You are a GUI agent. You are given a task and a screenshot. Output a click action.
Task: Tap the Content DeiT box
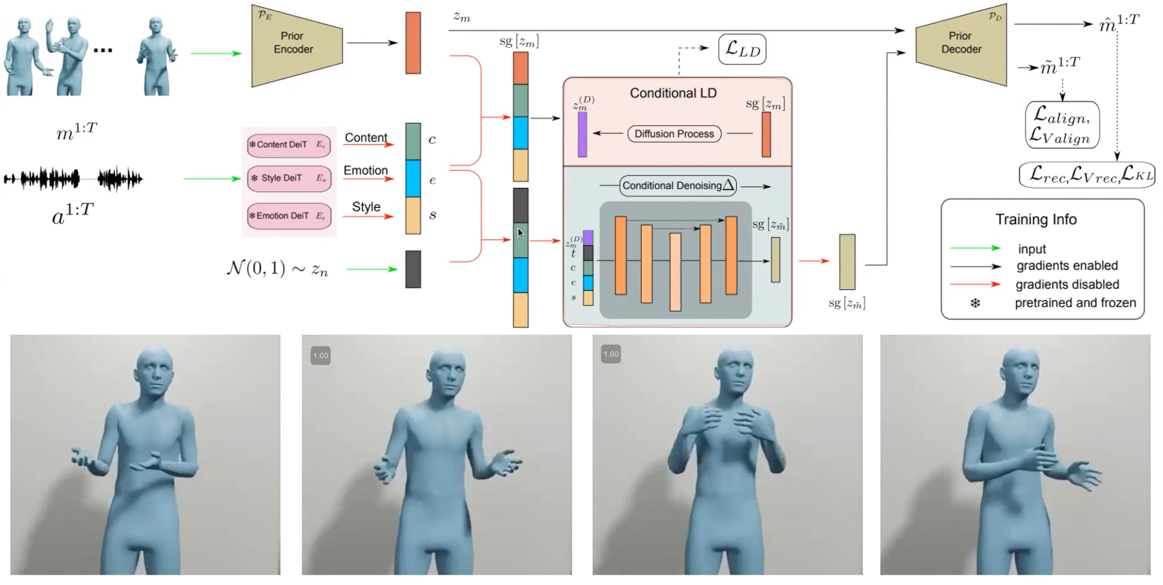click(x=288, y=145)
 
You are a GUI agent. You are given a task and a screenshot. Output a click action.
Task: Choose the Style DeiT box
click(x=288, y=178)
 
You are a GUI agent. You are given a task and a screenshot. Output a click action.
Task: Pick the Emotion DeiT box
click(x=288, y=216)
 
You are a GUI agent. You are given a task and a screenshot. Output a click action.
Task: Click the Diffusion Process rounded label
click(x=674, y=134)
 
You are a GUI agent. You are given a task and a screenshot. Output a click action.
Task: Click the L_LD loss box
click(x=743, y=50)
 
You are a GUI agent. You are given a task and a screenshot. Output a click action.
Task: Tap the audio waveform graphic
click(x=73, y=179)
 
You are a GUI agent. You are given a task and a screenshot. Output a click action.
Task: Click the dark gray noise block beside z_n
click(x=413, y=270)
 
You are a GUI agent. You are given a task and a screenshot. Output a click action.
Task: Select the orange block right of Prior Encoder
click(x=413, y=43)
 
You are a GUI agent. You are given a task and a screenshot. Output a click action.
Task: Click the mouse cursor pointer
click(x=520, y=233)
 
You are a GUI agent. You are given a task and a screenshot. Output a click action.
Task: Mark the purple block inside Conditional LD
click(x=582, y=134)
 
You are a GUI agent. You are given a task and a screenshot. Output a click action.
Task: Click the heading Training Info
click(x=1036, y=219)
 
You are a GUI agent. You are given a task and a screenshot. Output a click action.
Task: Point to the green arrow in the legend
click(x=975, y=248)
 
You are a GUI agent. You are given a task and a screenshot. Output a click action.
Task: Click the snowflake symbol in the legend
click(x=975, y=303)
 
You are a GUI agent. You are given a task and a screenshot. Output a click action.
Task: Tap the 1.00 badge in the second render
click(x=321, y=356)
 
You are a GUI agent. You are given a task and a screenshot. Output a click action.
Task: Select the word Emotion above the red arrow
click(x=366, y=171)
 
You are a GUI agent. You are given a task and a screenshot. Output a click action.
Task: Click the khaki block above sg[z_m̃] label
click(x=847, y=262)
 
